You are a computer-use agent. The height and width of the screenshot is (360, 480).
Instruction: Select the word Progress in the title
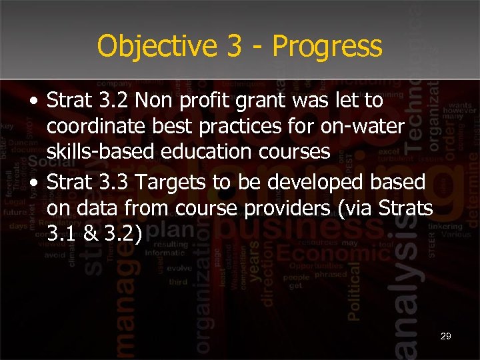[x=327, y=47]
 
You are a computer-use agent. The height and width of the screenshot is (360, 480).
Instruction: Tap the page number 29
[x=445, y=337]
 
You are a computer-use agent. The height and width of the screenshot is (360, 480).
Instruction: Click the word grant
[x=281, y=101]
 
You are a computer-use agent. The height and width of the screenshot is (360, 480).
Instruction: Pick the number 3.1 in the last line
[x=61, y=234]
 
